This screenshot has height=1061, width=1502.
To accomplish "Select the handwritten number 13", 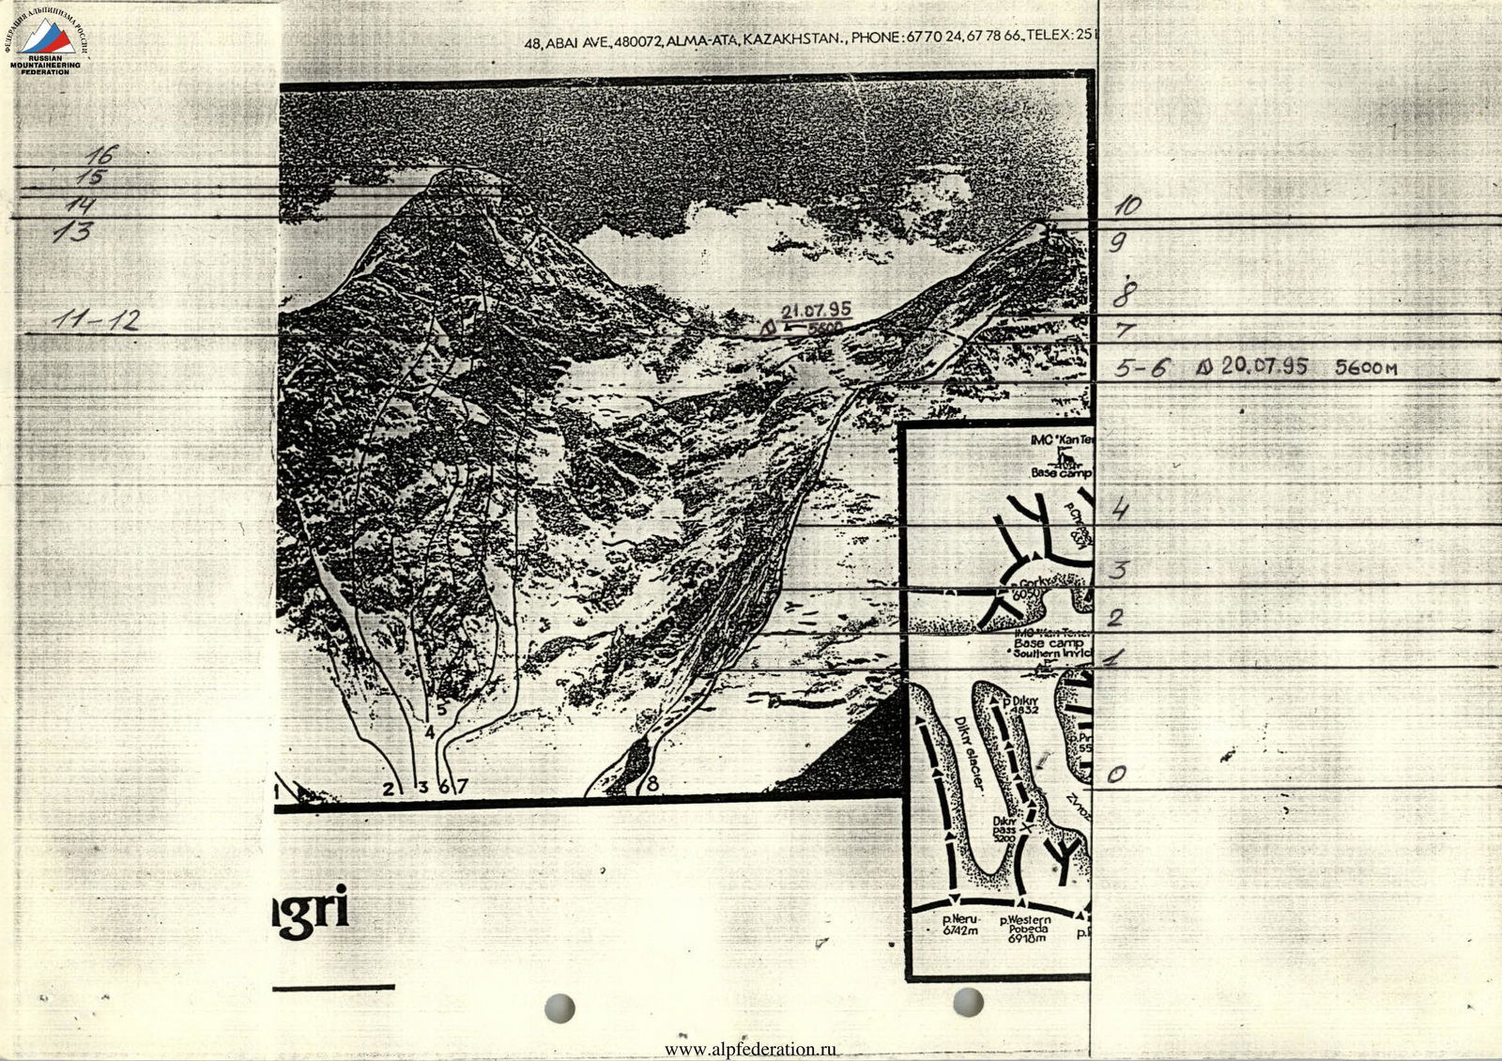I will (72, 231).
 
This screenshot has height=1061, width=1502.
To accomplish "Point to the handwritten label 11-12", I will (95, 321).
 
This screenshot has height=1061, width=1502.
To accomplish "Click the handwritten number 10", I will (1126, 206).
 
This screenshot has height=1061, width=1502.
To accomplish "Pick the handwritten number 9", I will (1117, 242).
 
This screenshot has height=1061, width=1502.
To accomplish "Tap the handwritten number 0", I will (1116, 775).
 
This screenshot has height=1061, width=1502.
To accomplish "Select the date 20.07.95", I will (1264, 365).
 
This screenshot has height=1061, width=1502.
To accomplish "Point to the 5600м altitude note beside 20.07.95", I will (1365, 368).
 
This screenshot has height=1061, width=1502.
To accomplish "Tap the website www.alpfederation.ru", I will (750, 1050).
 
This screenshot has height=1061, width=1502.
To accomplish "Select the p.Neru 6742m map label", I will (959, 925).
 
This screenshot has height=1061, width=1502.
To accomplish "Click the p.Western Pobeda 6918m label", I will (1025, 929).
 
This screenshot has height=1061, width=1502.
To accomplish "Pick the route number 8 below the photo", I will (652, 782).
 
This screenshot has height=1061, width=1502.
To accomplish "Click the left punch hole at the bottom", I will (559, 1007).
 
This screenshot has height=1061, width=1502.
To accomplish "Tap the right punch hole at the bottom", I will (968, 1002).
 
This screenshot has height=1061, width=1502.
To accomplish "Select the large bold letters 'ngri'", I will (310, 909).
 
